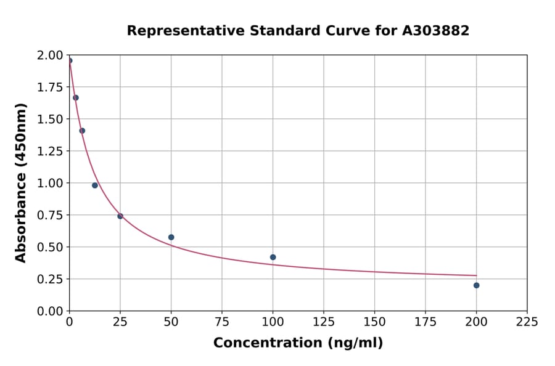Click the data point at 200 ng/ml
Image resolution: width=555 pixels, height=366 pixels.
click(x=476, y=285)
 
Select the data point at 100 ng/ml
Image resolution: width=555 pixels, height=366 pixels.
click(x=273, y=257)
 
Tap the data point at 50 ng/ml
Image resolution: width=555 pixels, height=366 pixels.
click(x=171, y=237)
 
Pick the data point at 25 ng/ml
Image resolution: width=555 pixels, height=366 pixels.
click(x=120, y=216)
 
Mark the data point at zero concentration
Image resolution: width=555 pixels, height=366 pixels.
click(x=70, y=60)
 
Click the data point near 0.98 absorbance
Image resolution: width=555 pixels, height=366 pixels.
click(x=95, y=185)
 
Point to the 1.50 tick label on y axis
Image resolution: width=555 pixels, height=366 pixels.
click(x=51, y=119)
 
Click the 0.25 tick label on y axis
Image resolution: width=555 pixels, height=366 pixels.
click(x=51, y=279)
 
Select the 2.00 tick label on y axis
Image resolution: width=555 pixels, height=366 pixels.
click(x=51, y=55)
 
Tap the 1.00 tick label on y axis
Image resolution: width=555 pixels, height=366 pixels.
click(x=51, y=183)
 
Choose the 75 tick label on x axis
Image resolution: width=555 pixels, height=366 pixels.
click(x=222, y=322)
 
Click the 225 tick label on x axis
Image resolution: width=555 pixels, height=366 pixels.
click(x=527, y=322)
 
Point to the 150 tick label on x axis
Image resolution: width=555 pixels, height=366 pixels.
click(x=374, y=322)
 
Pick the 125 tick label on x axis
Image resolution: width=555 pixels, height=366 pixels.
click(x=324, y=322)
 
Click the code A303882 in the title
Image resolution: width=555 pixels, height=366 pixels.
click(x=436, y=31)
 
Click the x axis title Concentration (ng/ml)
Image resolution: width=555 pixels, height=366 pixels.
click(x=298, y=343)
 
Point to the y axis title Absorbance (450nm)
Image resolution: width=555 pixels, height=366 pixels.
click(x=22, y=182)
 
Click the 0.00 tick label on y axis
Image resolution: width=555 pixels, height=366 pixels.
click(x=51, y=311)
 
